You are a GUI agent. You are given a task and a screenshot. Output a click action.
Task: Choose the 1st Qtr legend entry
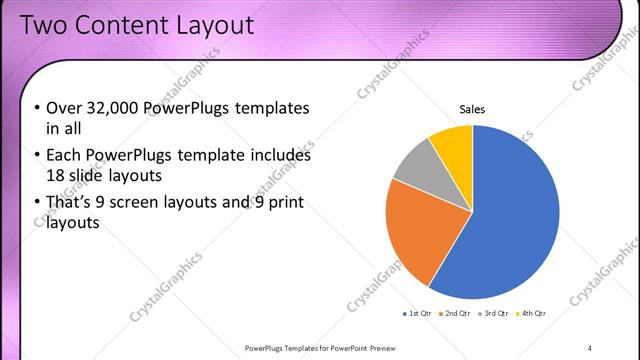(x=418, y=314)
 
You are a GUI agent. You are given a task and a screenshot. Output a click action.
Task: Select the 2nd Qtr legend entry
(x=456, y=314)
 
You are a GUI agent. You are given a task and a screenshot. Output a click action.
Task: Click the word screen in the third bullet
(x=157, y=204)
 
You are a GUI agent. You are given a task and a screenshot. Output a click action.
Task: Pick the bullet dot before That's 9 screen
(x=37, y=204)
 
